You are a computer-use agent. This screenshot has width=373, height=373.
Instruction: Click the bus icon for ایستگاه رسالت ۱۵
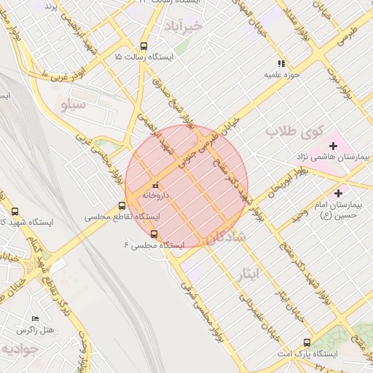pyautogui.click(x=144, y=44)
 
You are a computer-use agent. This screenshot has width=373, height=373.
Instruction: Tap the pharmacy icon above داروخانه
pyautogui.click(x=154, y=185)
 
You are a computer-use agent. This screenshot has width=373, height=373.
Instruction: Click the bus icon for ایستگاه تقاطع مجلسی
pyautogui.click(x=122, y=206)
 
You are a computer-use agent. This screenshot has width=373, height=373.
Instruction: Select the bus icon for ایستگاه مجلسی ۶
pyautogui.click(x=153, y=234)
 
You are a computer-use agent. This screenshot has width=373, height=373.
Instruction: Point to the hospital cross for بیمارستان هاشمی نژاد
pyautogui.click(x=334, y=146)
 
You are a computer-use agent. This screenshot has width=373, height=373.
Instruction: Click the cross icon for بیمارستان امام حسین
pyautogui.click(x=338, y=193)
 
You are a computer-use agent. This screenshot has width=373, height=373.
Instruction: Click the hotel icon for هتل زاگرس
pyautogui.click(x=35, y=319)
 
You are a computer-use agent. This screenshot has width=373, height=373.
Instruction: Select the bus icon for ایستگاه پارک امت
pyautogui.click(x=307, y=342)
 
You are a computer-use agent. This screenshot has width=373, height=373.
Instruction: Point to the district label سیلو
pyautogui.click(x=73, y=105)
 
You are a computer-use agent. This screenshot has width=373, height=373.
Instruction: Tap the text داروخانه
pyautogui.click(x=157, y=195)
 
